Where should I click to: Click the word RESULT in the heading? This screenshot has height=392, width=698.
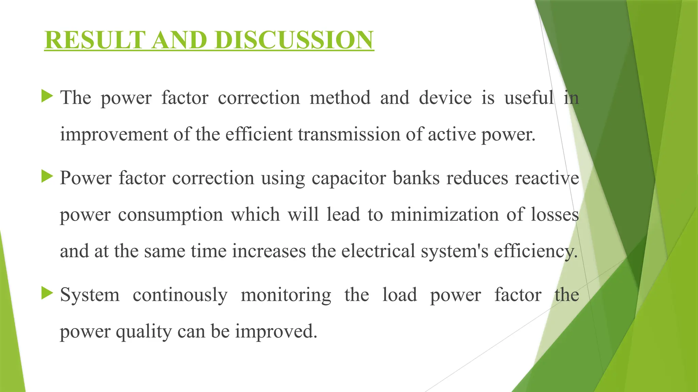(x=95, y=40)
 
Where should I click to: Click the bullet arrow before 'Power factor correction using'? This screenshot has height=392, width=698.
(x=47, y=176)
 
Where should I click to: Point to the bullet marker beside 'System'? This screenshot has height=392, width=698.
(x=47, y=293)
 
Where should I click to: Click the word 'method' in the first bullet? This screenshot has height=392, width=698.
(x=340, y=98)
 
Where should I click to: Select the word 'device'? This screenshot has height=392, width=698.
(x=445, y=98)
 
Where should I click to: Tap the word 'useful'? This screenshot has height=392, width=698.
(x=529, y=98)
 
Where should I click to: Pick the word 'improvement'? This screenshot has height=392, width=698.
(x=114, y=134)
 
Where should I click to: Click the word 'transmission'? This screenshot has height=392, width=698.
(x=349, y=134)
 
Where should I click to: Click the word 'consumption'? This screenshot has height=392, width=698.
(x=170, y=215)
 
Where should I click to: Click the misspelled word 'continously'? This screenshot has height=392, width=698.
(x=180, y=295)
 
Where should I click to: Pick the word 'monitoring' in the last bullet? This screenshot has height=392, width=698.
(x=286, y=295)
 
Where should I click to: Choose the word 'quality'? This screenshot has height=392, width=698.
(x=144, y=331)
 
